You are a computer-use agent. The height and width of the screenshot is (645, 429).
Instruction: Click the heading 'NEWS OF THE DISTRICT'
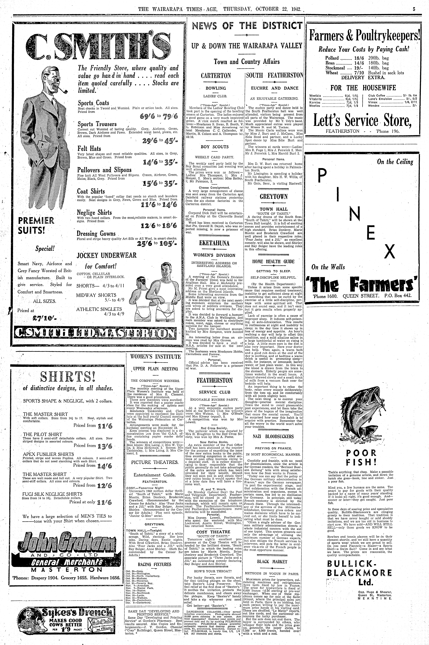tap(247, 26)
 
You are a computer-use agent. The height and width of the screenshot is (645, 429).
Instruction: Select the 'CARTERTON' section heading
tap(216, 75)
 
